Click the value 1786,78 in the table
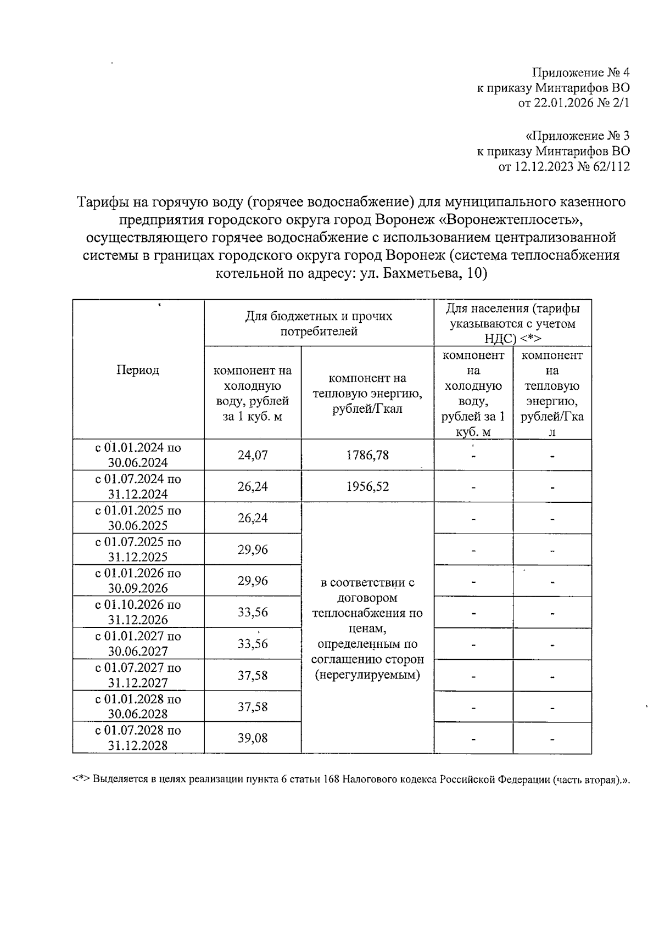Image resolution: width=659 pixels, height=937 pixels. [x=367, y=455]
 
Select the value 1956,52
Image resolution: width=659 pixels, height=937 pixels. [x=367, y=486]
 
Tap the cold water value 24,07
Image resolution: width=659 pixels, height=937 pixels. [x=253, y=455]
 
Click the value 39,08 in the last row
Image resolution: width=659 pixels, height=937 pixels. [x=253, y=738]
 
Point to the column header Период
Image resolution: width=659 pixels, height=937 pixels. [x=138, y=370]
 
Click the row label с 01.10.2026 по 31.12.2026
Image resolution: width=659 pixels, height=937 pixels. [x=138, y=612]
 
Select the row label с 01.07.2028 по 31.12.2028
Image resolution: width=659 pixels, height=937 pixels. [x=138, y=738]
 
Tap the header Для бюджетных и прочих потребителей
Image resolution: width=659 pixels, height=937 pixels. [x=319, y=324]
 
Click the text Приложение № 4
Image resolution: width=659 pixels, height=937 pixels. [x=580, y=72]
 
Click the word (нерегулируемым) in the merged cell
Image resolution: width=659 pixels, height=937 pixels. [x=367, y=675]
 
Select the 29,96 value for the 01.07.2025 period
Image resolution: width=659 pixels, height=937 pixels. [x=253, y=549]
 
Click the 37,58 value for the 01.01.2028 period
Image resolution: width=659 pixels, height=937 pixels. [x=253, y=706]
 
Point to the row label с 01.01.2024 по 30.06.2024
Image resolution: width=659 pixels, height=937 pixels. [x=138, y=455]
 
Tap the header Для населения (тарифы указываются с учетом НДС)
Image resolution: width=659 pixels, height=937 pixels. [x=512, y=323]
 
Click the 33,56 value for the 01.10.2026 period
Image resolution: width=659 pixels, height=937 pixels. [x=253, y=612]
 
